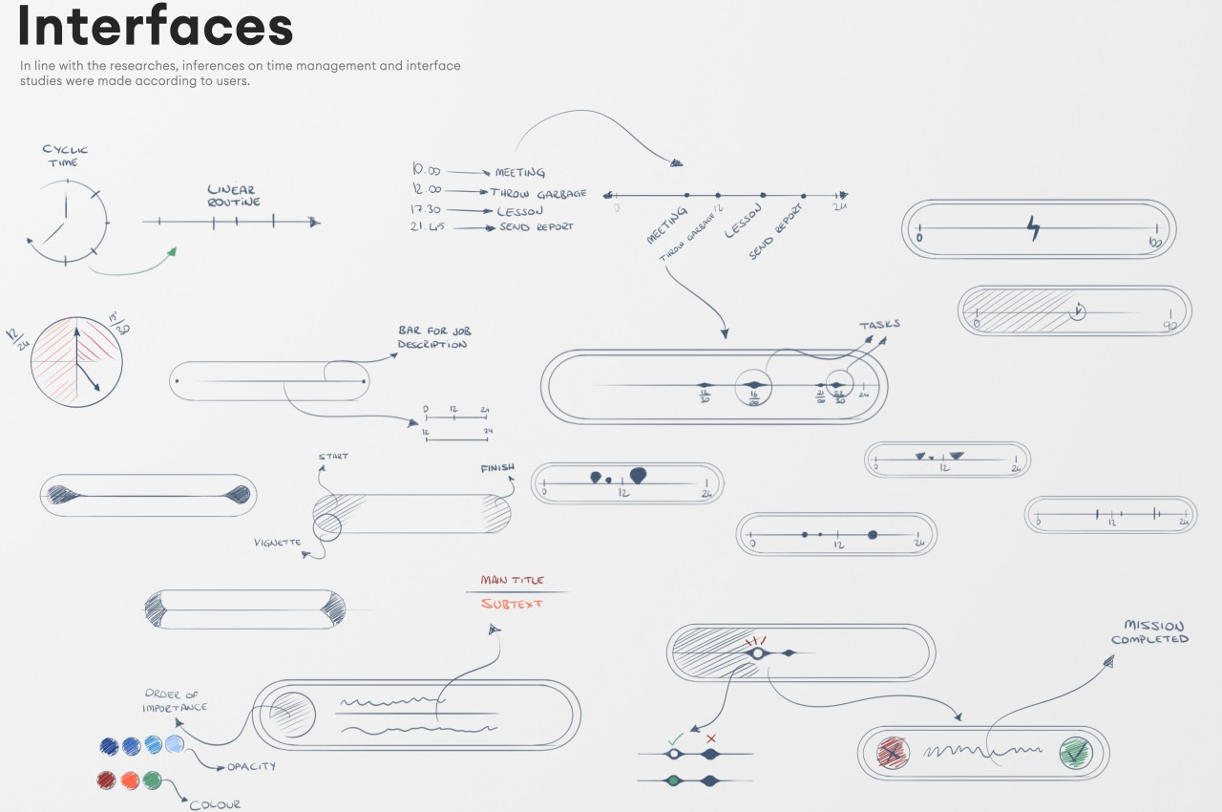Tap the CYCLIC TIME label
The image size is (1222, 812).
pyautogui.click(x=65, y=156)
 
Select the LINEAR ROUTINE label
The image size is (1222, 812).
pyautogui.click(x=234, y=196)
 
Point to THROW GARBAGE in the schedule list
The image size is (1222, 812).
pyautogui.click(x=537, y=192)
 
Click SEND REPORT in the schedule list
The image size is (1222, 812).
pyautogui.click(x=536, y=227)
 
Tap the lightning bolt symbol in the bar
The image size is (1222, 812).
pyautogui.click(x=1034, y=228)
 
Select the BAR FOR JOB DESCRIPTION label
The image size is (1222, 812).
pyautogui.click(x=433, y=336)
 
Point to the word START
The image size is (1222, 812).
pyautogui.click(x=333, y=457)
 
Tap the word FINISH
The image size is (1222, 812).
pyautogui.click(x=497, y=468)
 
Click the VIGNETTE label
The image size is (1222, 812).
pyautogui.click(x=277, y=543)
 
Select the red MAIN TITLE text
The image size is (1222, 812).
pyautogui.click(x=513, y=580)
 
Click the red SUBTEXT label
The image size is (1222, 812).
pyautogui.click(x=512, y=604)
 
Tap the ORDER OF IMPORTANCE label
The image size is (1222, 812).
pyautogui.click(x=175, y=701)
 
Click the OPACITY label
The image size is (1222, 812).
pyautogui.click(x=251, y=767)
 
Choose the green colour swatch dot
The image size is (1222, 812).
pyautogui.click(x=153, y=780)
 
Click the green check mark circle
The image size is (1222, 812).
pyautogui.click(x=1076, y=754)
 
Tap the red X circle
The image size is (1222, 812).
pyautogui.click(x=893, y=754)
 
